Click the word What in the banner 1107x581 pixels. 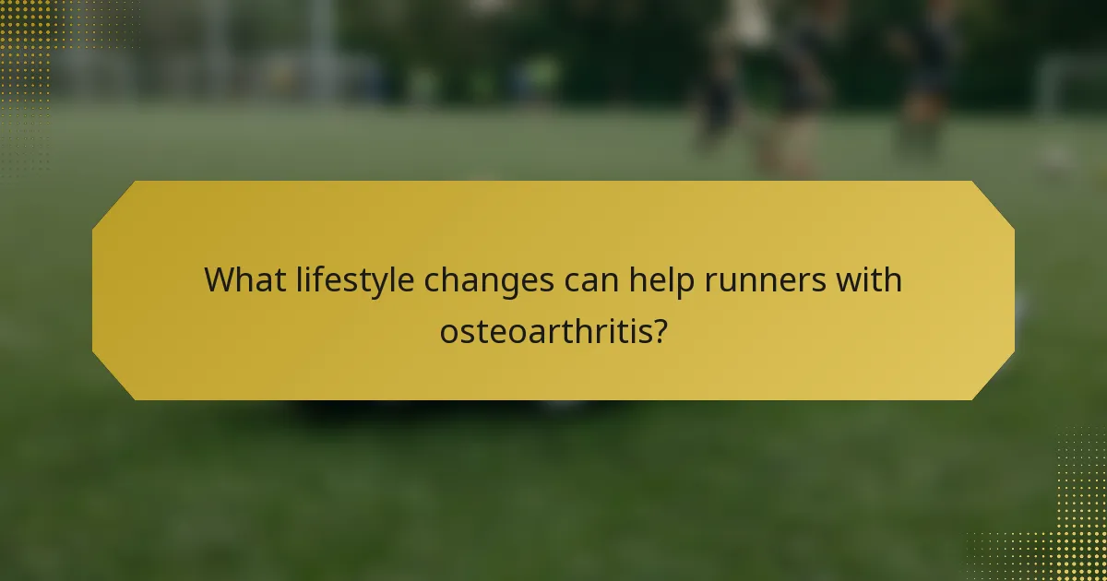click(x=244, y=279)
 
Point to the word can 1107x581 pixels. click(x=590, y=280)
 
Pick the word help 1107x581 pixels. click(x=661, y=280)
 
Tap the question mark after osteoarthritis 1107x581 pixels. click(x=661, y=330)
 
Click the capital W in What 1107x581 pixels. click(x=220, y=279)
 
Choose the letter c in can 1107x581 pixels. click(x=572, y=281)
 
